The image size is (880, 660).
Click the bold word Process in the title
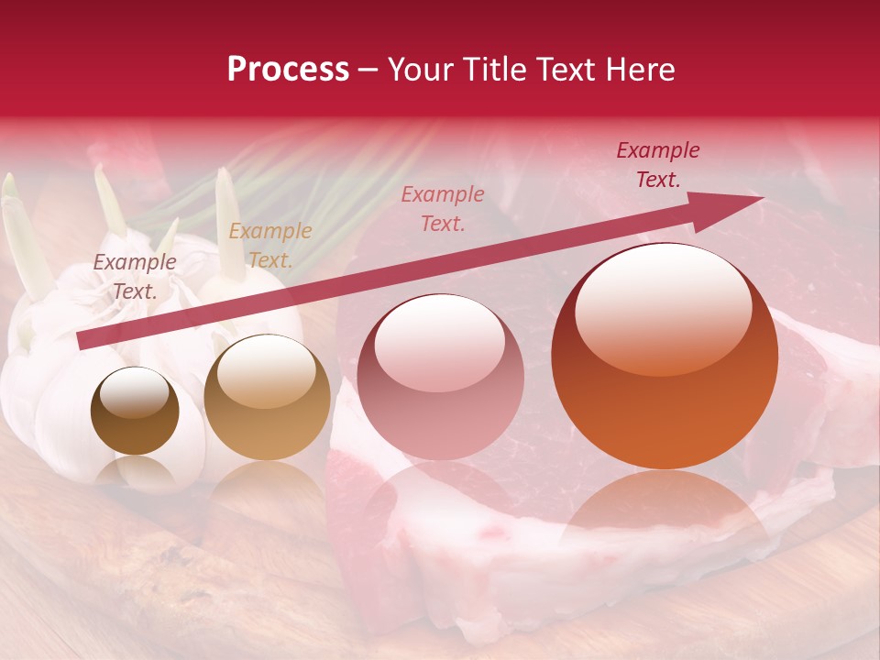288,70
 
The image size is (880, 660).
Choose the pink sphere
440,377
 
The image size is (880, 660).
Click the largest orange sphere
665,357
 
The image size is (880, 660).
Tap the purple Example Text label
135,277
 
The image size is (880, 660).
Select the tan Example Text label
270,246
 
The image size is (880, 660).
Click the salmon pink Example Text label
443,209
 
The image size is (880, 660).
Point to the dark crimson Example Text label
657,165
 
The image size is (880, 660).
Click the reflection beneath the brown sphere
135,472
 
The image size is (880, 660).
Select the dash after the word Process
368,70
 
